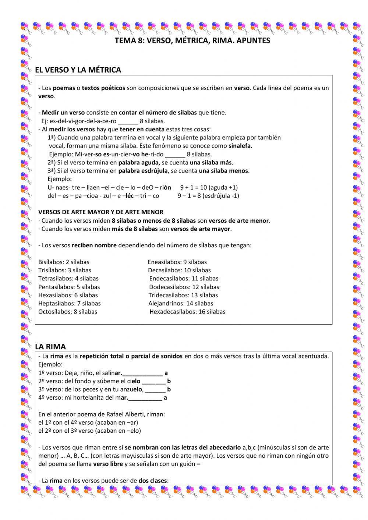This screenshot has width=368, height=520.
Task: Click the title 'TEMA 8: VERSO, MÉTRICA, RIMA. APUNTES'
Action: (192, 41)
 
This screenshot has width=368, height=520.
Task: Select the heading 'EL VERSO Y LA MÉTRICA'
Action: (78, 70)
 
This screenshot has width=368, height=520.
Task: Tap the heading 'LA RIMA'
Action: (50, 346)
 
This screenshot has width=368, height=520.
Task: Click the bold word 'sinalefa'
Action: (240, 146)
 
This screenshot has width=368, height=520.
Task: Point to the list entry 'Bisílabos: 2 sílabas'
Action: (64, 262)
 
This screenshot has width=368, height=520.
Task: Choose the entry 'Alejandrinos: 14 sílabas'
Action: (181, 303)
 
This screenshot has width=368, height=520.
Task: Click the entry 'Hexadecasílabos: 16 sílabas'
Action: (187, 312)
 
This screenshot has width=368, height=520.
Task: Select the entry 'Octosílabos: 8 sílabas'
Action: (68, 312)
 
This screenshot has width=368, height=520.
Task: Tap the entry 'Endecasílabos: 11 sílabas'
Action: (184, 279)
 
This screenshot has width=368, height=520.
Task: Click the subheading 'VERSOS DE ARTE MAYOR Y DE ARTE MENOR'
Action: (101, 212)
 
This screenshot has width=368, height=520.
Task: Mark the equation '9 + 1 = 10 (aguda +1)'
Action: (209, 187)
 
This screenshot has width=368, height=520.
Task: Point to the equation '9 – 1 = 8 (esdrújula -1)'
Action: (208, 195)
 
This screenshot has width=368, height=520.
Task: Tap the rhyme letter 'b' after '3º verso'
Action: (169, 389)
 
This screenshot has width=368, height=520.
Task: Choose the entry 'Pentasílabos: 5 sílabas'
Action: (69, 287)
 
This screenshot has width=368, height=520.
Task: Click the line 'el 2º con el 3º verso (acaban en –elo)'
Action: (89, 431)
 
